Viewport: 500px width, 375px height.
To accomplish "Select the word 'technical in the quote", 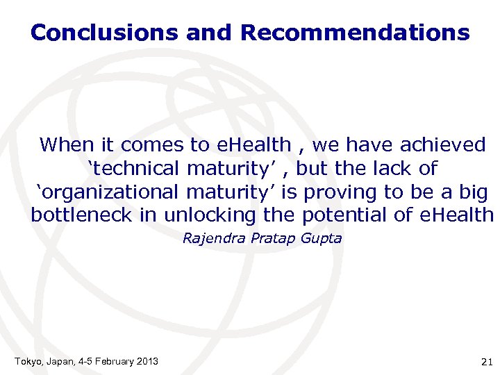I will tap(133, 169).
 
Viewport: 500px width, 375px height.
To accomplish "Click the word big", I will tap(472, 192).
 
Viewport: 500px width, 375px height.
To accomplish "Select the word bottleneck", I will tap(83, 216).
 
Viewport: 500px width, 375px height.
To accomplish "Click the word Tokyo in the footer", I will tap(27, 361).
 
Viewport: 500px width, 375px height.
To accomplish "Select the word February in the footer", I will tap(110, 361).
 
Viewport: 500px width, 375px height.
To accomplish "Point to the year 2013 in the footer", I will tap(147, 361).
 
